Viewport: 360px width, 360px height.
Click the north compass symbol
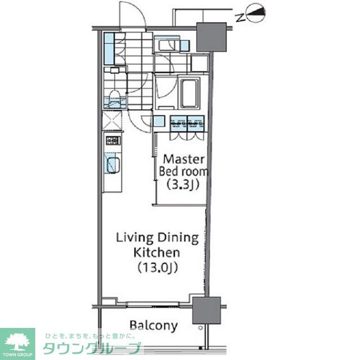click(255, 13)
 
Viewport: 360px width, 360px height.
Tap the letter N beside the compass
click(240, 17)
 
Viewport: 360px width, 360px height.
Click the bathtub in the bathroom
click(189, 93)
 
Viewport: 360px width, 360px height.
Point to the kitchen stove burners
click(112, 140)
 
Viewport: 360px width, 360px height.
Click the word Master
click(183, 159)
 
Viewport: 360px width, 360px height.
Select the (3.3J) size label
click(183, 184)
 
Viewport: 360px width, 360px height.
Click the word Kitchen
click(156, 253)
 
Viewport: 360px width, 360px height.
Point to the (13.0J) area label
click(157, 268)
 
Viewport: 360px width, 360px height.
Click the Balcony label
click(154, 326)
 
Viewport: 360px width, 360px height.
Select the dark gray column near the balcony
click(206, 310)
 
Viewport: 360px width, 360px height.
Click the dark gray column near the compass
click(211, 37)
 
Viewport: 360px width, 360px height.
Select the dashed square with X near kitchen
click(112, 120)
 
